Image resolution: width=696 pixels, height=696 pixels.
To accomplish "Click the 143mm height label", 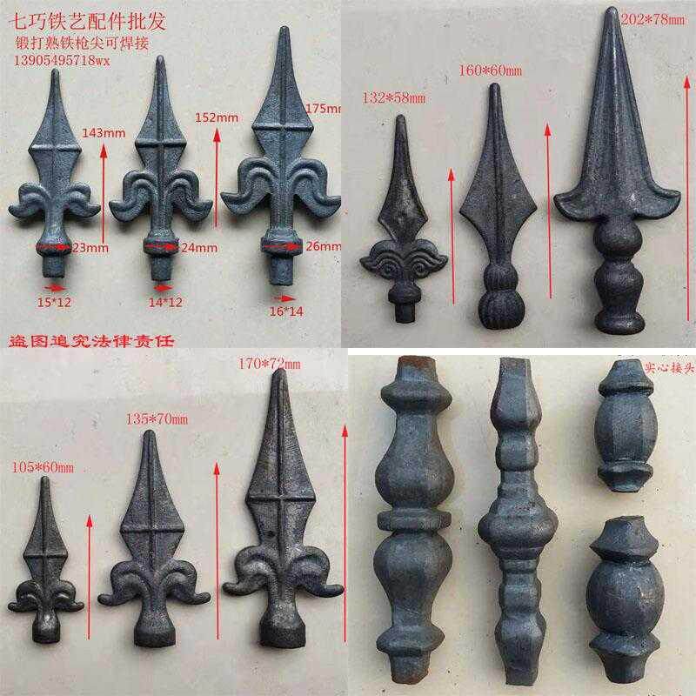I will point(103,133).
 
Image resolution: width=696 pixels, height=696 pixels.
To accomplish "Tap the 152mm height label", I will point(217,117).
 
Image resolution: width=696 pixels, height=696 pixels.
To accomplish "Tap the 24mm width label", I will point(198,248).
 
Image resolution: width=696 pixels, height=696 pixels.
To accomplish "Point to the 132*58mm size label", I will point(394,97).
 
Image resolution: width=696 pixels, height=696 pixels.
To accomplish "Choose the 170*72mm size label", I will point(268,364).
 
